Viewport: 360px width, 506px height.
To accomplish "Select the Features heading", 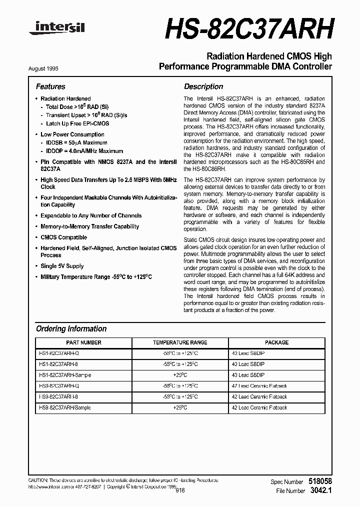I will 50,86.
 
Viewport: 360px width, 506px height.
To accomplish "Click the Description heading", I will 203,86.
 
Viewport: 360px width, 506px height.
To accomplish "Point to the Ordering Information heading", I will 71,329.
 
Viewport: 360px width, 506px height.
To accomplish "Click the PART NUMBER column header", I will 83,342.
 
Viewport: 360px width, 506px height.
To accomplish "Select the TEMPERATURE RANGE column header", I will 180,342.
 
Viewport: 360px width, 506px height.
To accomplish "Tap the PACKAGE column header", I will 276,342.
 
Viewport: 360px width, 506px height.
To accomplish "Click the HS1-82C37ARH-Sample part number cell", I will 65,375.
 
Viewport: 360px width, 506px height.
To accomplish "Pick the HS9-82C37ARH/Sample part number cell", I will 65,407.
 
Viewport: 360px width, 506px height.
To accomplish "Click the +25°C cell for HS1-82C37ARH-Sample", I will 180,375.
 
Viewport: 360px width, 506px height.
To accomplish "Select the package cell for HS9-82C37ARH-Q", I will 259,386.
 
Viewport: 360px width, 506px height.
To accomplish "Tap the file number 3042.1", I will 320,491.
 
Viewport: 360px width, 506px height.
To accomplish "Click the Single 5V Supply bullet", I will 62,266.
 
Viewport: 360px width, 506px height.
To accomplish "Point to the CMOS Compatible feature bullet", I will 63,237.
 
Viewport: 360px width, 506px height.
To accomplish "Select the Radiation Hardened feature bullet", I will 65,98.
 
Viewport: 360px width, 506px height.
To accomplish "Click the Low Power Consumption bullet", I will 72,134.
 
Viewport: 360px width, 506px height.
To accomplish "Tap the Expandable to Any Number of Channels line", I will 91,215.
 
